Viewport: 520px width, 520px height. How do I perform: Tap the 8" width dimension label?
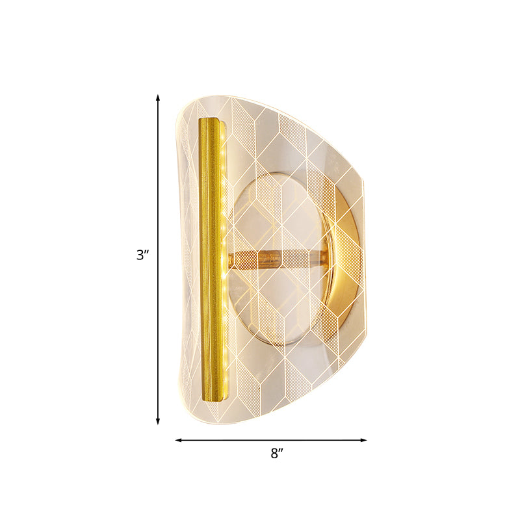coord(278,454)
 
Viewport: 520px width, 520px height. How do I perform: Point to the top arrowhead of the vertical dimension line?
coord(157,97)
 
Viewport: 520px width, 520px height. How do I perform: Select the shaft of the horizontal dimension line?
coord(227,440)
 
